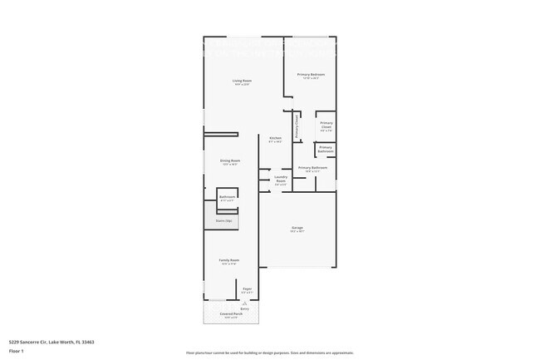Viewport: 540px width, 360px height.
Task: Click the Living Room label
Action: click(x=242, y=81)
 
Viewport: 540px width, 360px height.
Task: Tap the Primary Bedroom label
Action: click(x=311, y=74)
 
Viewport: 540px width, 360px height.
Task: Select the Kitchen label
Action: click(x=275, y=138)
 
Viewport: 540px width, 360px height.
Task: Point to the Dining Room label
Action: click(x=230, y=160)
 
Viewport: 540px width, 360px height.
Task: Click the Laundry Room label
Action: click(x=281, y=178)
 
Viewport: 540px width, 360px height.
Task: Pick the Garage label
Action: click(x=297, y=227)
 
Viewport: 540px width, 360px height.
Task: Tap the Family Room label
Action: click(x=229, y=260)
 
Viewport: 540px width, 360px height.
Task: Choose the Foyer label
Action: click(x=247, y=288)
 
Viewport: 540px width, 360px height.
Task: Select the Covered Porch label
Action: click(x=232, y=313)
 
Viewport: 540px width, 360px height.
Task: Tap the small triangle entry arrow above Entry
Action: click(x=245, y=302)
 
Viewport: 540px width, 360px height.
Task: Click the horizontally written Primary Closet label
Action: click(x=326, y=126)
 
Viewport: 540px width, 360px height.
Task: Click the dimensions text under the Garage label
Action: click(x=297, y=231)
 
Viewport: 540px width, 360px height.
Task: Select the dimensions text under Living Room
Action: click(x=242, y=85)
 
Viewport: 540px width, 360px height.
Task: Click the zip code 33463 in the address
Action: click(x=86, y=341)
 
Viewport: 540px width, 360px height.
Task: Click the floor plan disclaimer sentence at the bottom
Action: click(x=270, y=353)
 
